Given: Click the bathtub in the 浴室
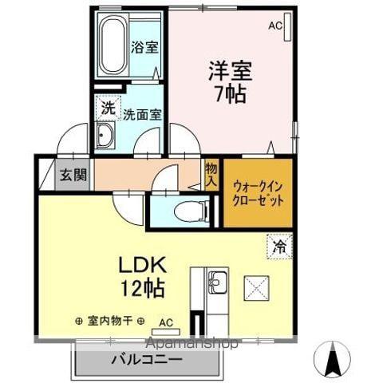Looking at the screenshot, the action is (113, 45).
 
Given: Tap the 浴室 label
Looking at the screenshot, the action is (145, 47).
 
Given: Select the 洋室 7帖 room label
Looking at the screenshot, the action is (231, 82).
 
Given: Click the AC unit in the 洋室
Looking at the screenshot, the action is (287, 26).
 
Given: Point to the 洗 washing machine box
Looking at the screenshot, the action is (109, 108).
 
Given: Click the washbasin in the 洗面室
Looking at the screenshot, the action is (105, 135).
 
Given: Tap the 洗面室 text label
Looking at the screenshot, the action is (142, 115).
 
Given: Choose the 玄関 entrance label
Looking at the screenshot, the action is (73, 175).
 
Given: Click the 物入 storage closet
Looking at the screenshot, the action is (211, 175).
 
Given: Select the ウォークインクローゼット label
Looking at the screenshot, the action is (258, 194).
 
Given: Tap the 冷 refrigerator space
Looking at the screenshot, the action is (279, 247).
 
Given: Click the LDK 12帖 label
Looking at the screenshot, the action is (142, 276).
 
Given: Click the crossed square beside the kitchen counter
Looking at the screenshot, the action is (257, 288).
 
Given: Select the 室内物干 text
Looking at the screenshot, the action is (110, 321).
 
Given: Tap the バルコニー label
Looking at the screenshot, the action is (147, 360).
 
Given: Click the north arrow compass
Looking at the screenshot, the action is (332, 359).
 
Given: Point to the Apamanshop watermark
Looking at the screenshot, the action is (192, 343).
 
